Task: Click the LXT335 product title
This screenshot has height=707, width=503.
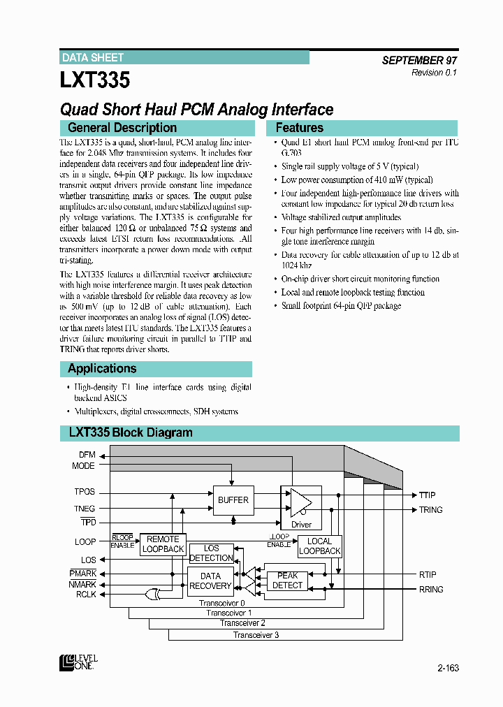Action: click(x=95, y=80)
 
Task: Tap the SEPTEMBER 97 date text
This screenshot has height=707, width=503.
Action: click(x=419, y=61)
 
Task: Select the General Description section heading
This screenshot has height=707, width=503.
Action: click(x=122, y=128)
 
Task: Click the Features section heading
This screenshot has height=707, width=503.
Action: click(x=300, y=128)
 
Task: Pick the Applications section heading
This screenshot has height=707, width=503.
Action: click(x=102, y=369)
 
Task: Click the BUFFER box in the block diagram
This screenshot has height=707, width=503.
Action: click(x=233, y=500)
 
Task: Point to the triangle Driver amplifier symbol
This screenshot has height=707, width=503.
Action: click(x=301, y=501)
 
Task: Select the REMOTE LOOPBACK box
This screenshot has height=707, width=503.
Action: click(x=163, y=544)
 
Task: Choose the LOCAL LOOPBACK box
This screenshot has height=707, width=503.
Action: click(x=319, y=546)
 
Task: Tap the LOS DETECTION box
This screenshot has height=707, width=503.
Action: click(x=211, y=553)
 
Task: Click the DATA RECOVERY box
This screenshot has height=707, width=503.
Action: click(x=210, y=581)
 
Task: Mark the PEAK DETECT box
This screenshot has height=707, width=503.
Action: click(x=287, y=581)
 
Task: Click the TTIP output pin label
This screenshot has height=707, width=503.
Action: click(x=427, y=495)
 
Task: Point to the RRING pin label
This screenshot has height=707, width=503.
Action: click(x=431, y=590)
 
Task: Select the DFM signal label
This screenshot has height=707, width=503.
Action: click(x=87, y=455)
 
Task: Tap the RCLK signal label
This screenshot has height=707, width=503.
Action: click(x=87, y=595)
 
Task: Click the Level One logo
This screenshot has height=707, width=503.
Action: click(x=78, y=662)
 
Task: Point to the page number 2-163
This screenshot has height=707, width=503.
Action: click(x=448, y=668)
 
